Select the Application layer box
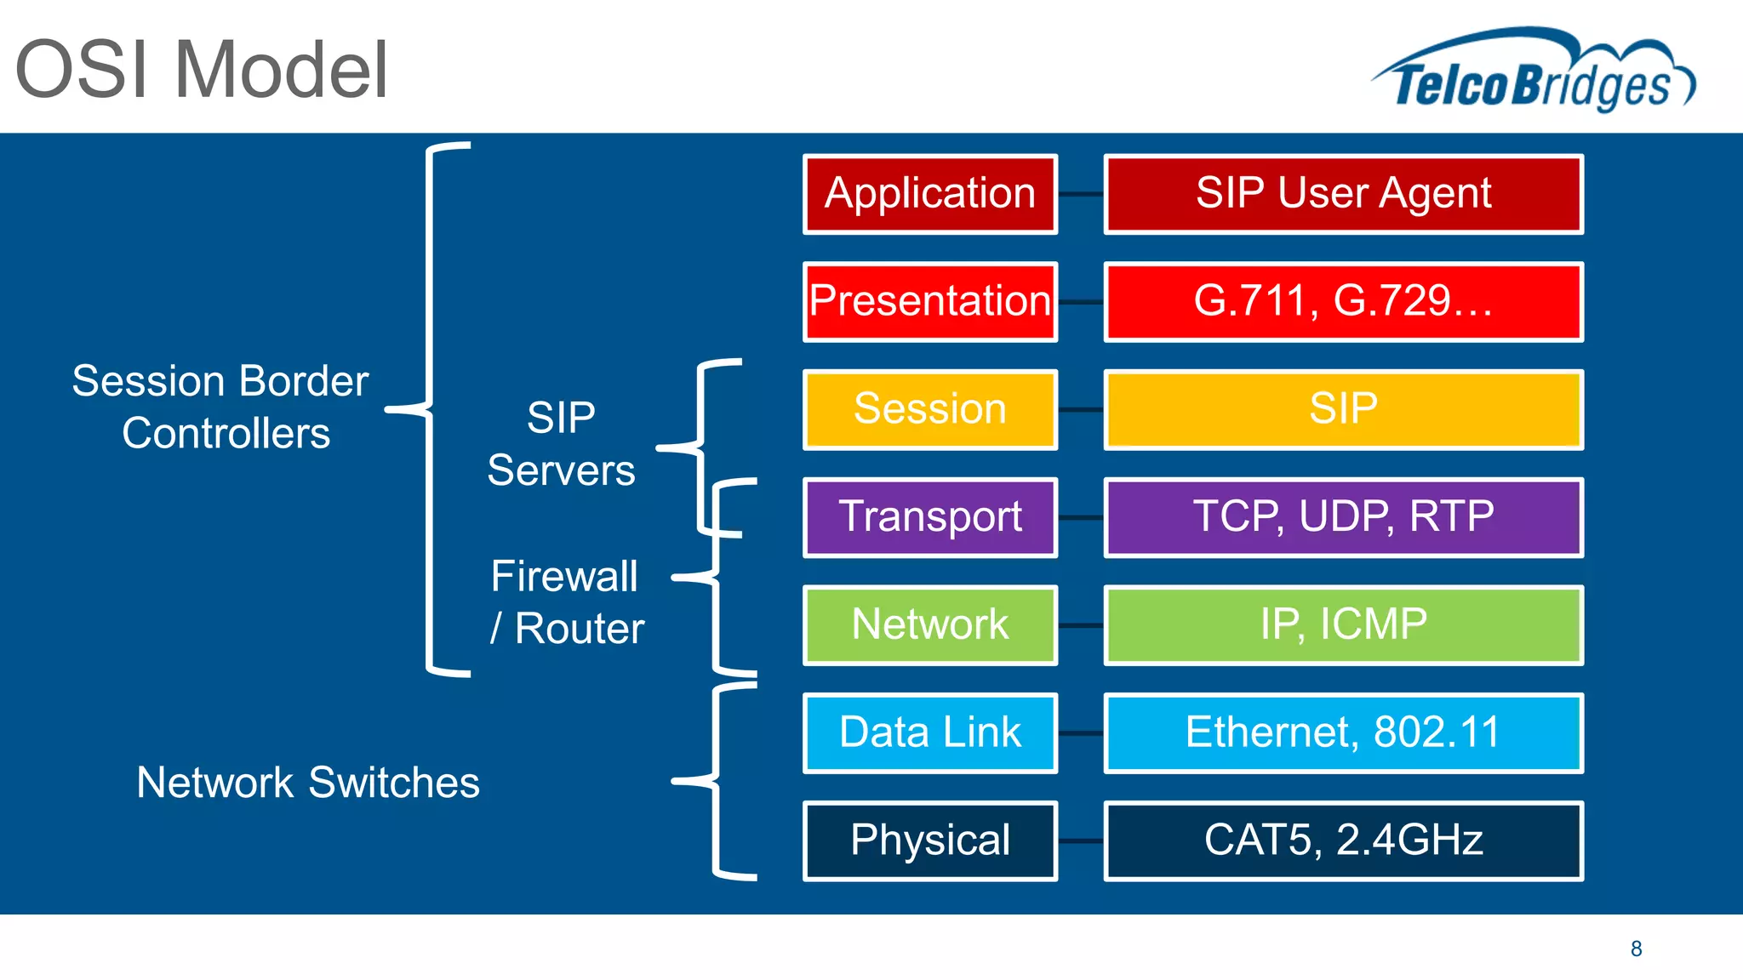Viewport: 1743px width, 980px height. tap(929, 194)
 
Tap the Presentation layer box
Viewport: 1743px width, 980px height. tap(929, 301)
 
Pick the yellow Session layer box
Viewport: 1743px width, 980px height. tap(929, 409)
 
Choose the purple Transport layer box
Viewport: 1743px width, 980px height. tap(929, 517)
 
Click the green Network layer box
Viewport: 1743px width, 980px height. tap(929, 624)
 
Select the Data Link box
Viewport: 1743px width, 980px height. tap(929, 732)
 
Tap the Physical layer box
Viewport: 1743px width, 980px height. tap(929, 840)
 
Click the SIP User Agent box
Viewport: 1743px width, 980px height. tap(1343, 194)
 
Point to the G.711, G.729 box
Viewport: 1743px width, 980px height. tap(1343, 301)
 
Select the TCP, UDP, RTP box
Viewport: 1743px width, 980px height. tap(1343, 517)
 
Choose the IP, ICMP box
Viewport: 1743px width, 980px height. tap(1343, 624)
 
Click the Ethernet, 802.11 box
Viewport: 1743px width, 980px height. tap(1343, 732)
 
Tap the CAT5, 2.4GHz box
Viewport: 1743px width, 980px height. tap(1343, 840)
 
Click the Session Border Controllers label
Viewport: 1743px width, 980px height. tap(221, 407)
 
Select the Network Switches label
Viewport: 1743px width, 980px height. tap(308, 783)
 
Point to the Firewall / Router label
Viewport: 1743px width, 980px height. tap(566, 602)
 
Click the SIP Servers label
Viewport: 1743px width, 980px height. tap(561, 443)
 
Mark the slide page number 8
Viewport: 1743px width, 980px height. tap(1636, 949)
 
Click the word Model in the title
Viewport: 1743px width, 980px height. tap(281, 70)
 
